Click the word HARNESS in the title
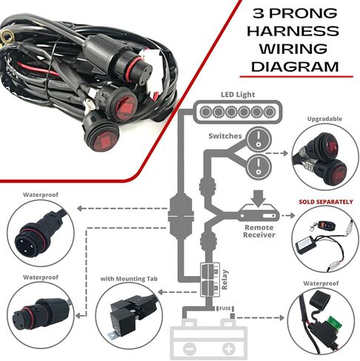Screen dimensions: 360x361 [x=293, y=31]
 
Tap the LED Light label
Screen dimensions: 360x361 [x=238, y=95]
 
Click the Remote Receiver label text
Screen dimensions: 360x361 [x=259, y=231]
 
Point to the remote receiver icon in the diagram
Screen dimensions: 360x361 [x=259, y=213]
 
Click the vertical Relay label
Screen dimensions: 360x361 [x=224, y=280]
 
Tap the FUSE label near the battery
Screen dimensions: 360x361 [x=224, y=308]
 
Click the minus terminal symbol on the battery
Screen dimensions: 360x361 [x=190, y=349]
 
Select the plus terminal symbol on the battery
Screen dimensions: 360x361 [x=229, y=349]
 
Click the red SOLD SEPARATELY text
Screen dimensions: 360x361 [x=326, y=202]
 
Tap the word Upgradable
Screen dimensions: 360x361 [x=324, y=119]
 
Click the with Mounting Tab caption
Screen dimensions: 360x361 [x=129, y=279]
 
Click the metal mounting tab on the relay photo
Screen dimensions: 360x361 [x=113, y=336]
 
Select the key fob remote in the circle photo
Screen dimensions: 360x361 [x=320, y=224]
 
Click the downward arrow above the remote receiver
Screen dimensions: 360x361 [x=258, y=198]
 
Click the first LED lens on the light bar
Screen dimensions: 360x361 [x=205, y=112]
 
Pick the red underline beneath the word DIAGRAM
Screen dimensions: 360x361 [x=296, y=77]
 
